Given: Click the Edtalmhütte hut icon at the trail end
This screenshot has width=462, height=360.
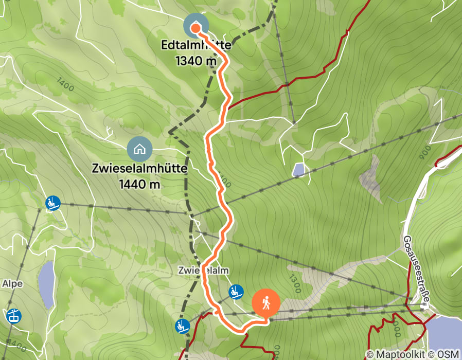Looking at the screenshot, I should tap(196, 26).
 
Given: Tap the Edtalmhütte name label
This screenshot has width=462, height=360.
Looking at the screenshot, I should tap(196, 46).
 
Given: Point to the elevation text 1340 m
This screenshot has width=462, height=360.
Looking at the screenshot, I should tap(196, 61).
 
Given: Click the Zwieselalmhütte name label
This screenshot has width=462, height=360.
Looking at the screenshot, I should tap(139, 169).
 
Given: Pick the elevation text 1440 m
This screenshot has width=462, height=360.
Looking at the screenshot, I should tap(139, 184).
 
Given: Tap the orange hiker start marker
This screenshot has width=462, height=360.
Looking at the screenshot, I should tap(266, 303).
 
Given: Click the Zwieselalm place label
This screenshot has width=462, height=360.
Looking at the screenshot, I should tap(203, 270).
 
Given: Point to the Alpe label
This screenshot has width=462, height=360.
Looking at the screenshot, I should tap(12, 283).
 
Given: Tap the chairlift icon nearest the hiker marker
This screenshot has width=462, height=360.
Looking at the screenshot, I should tap(236, 292).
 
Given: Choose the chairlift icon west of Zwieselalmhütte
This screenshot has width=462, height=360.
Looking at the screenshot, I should tap(52, 203).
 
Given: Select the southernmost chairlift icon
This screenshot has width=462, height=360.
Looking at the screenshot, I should tap(182, 326).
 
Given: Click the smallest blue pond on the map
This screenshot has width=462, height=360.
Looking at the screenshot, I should tap(298, 170).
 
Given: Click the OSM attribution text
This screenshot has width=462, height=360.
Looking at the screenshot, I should tap(449, 354).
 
